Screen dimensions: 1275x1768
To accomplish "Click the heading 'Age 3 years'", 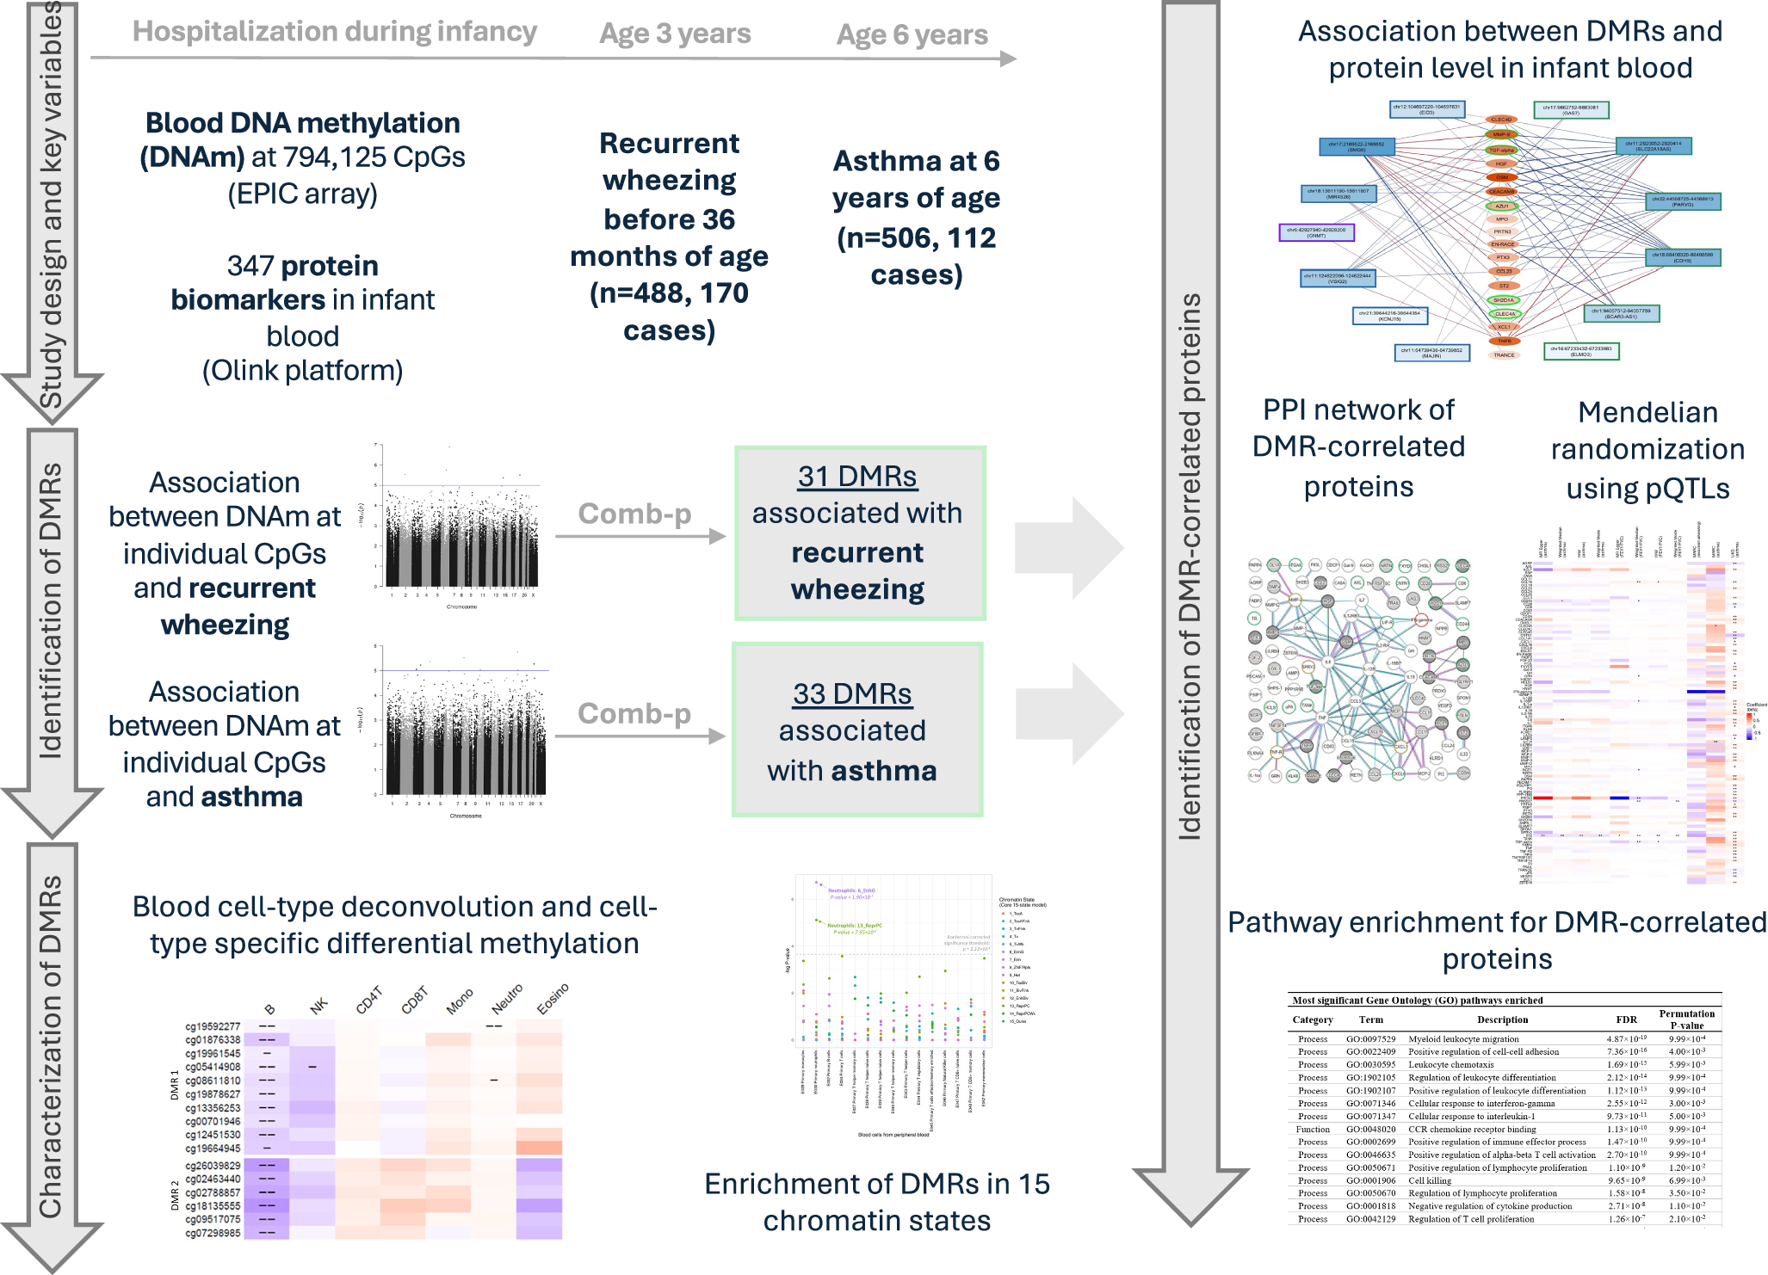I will click(675, 34).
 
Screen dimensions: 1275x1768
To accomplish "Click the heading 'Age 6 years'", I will click(912, 34).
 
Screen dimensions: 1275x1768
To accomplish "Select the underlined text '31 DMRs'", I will click(857, 476).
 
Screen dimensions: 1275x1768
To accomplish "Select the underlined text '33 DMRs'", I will click(852, 693).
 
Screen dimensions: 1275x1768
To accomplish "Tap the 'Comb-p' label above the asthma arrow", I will click(634, 713).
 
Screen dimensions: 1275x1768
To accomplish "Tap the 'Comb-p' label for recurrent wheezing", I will click(634, 514).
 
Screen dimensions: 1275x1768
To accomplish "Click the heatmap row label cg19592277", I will click(213, 1026).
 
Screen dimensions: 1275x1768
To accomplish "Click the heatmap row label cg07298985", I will click(213, 1233).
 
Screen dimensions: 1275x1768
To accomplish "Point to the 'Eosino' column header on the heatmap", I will click(552, 1000).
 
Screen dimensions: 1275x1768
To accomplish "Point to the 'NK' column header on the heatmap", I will click(318, 1006).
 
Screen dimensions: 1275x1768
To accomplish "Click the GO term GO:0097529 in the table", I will click(1370, 1038).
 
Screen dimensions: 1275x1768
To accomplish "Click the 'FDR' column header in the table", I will click(1626, 1019).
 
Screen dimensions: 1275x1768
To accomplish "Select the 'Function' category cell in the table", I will click(1313, 1129).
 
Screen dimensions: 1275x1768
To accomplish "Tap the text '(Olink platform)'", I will click(302, 371).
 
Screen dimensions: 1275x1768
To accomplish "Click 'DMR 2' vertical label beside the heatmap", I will click(175, 1195).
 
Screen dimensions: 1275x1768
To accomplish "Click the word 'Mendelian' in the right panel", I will click(1647, 412).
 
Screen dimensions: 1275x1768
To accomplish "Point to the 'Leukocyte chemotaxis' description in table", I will click(1450, 1064).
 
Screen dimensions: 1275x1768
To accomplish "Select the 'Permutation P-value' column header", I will click(1686, 1019).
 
